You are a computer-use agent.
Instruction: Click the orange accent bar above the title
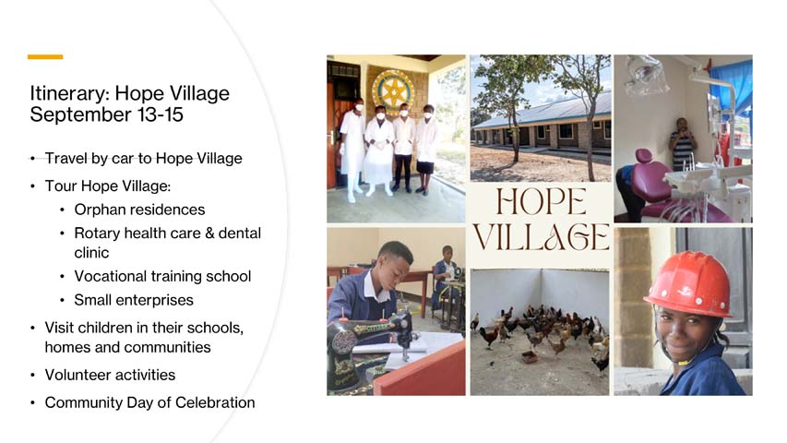[x=45, y=57]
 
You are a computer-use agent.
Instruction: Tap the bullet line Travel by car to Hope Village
[x=143, y=159]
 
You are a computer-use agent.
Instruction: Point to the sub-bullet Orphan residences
[x=139, y=210]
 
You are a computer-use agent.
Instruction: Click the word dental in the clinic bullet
[x=242, y=233]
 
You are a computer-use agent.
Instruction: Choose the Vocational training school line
[x=162, y=276]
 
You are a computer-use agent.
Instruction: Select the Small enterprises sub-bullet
[x=134, y=300]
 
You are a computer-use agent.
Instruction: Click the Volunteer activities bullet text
[x=110, y=375]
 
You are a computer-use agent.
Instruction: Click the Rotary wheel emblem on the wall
[x=392, y=92]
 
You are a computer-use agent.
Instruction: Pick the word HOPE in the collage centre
[x=541, y=203]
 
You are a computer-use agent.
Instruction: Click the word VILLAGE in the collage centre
[x=541, y=237]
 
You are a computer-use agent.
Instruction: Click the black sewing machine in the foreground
[x=369, y=341]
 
